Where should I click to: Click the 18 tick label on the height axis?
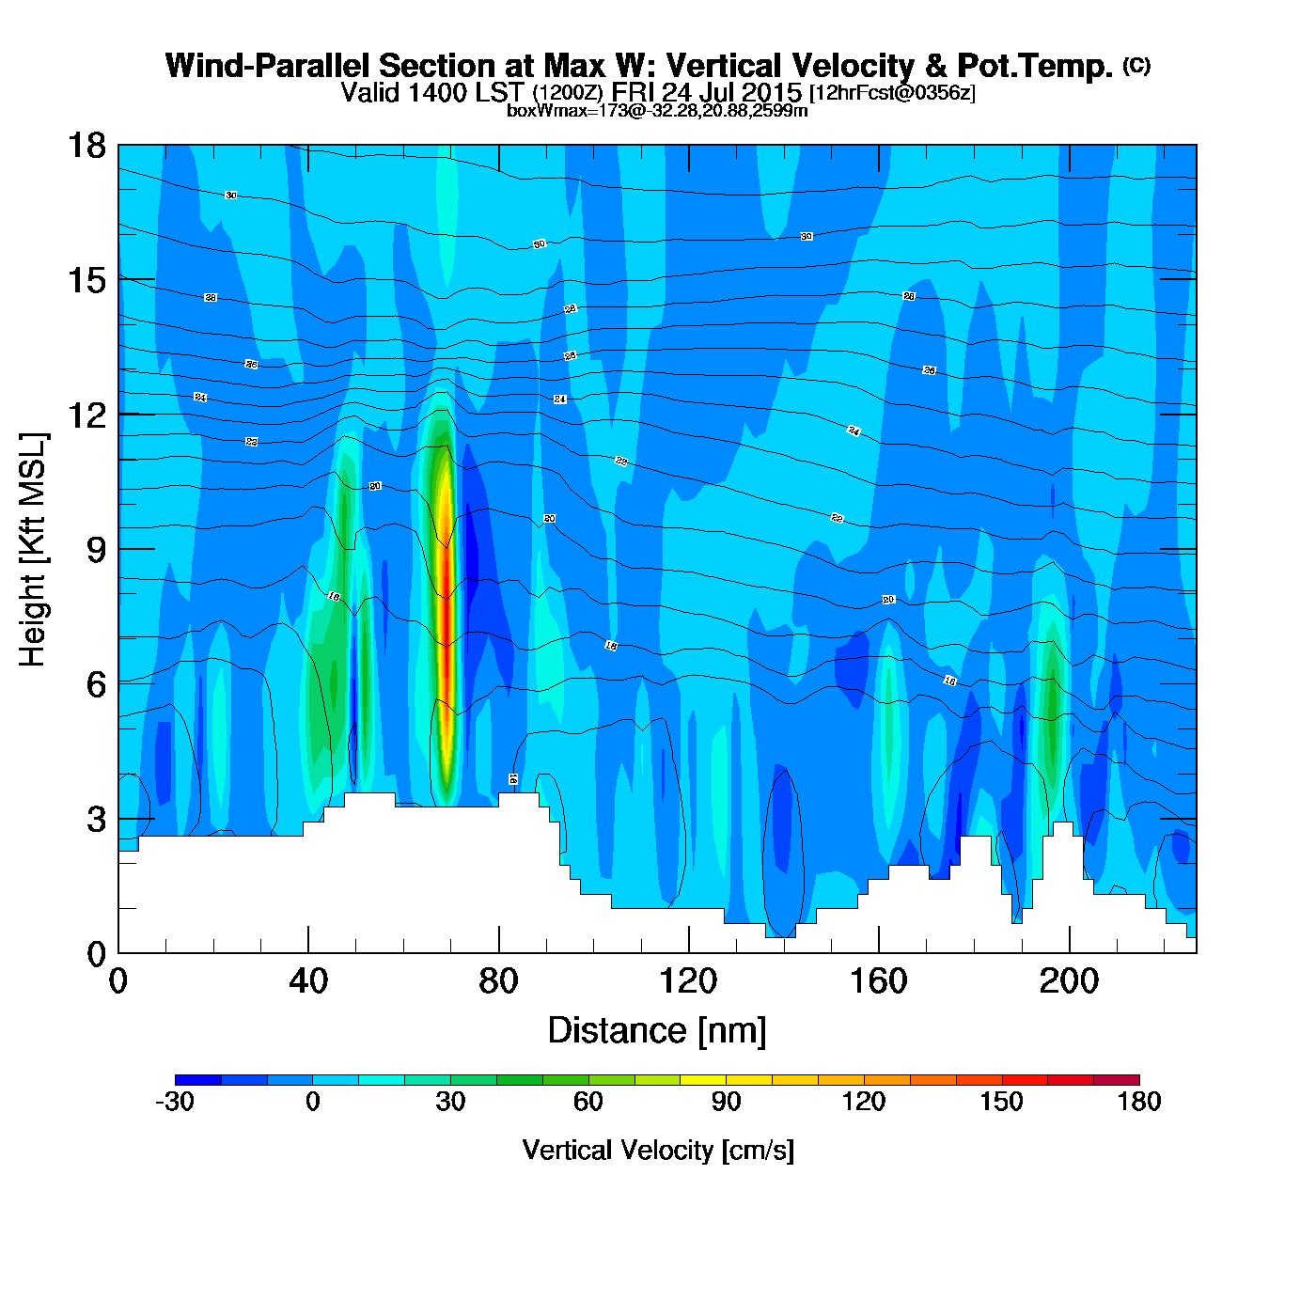86,146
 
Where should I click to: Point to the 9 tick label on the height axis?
96,550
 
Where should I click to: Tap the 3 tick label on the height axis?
96,820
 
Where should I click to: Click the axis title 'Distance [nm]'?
657,1030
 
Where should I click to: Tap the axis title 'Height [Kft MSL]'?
33,550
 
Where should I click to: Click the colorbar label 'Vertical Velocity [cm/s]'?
658,1150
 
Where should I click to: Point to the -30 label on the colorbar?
175,1102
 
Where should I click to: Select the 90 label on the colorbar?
726,1102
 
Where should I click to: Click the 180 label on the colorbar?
1139,1102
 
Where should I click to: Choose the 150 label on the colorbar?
1001,1102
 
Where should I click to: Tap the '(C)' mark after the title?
1136,65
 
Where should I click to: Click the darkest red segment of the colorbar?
1116,1080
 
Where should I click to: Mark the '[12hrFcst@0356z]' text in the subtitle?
892,93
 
